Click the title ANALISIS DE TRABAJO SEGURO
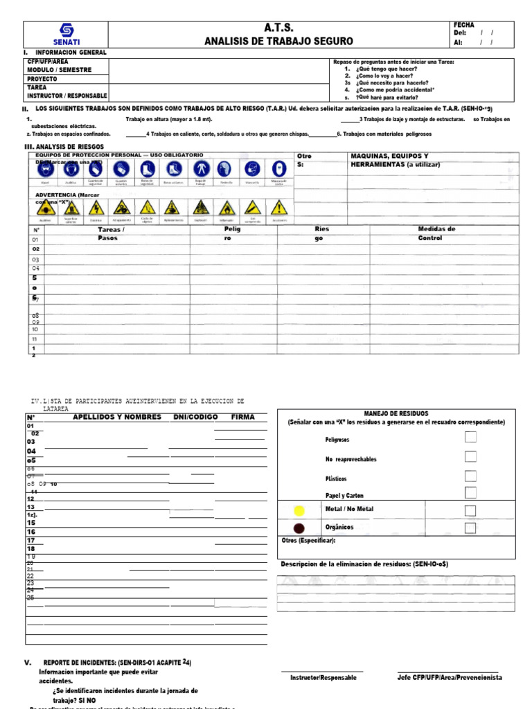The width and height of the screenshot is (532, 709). (x=278, y=42)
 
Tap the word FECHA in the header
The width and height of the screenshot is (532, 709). (x=463, y=25)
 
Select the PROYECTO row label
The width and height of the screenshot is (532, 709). (x=42, y=79)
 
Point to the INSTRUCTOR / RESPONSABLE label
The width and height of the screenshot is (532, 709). (x=66, y=96)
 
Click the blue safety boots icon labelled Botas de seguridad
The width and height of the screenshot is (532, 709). (x=147, y=169)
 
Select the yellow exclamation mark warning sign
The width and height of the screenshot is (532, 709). (x=278, y=207)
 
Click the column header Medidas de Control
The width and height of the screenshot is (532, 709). (x=436, y=233)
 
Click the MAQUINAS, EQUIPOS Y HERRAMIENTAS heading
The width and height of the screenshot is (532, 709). (x=398, y=161)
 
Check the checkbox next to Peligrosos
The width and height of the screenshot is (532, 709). (x=470, y=437)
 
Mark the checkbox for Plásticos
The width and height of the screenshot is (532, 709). (x=470, y=476)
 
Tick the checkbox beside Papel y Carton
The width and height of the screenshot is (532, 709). (x=470, y=493)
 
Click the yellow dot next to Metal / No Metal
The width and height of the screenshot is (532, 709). (x=299, y=511)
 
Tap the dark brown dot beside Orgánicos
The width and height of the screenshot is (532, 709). (x=299, y=528)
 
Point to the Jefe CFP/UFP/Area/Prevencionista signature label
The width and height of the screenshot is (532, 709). (x=450, y=677)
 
